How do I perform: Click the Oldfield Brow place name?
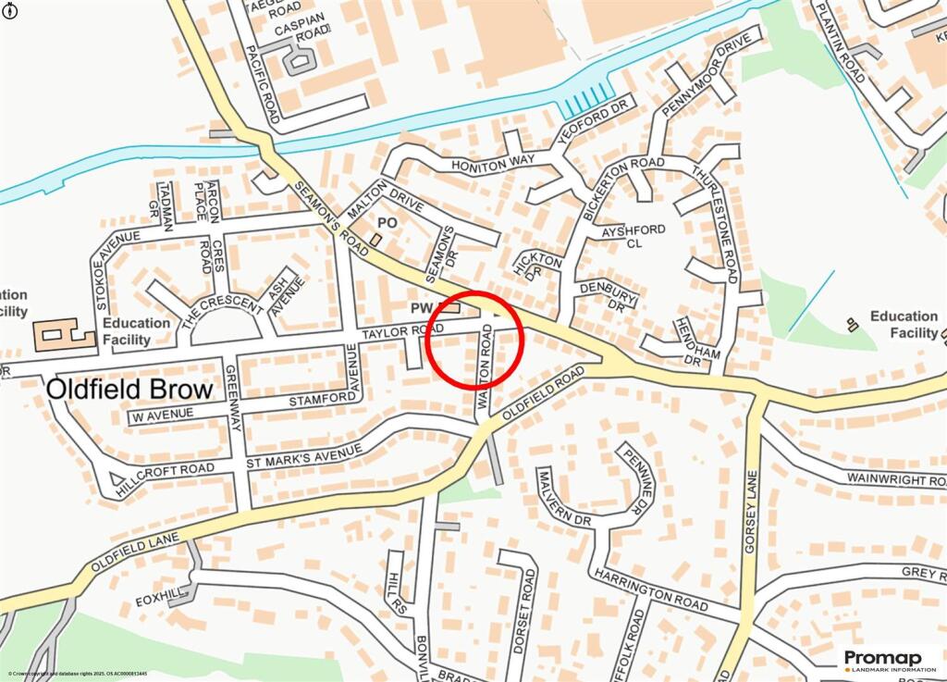click(x=129, y=388)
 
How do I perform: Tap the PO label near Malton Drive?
click(x=388, y=224)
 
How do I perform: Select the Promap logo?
click(x=888, y=659)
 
